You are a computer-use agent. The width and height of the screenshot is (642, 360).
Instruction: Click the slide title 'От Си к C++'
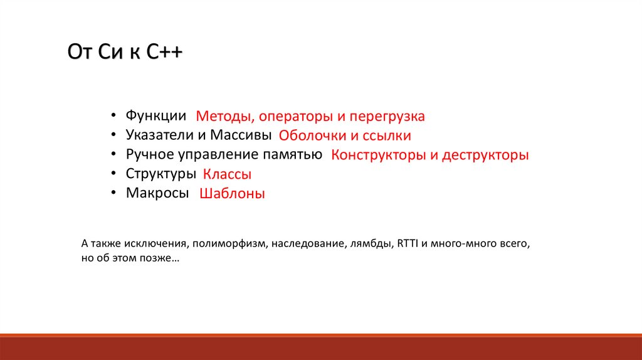125,52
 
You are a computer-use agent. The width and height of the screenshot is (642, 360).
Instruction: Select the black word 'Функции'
155,116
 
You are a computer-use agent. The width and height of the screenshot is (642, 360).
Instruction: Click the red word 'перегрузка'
387,117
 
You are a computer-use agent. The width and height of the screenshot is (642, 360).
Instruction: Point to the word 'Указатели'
160,135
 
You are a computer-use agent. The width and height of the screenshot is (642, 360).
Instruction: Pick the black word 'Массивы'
241,135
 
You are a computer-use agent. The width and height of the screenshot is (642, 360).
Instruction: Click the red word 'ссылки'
387,136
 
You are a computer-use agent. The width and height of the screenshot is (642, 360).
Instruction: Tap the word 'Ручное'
150,155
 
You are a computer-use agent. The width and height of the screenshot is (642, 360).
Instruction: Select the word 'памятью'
292,155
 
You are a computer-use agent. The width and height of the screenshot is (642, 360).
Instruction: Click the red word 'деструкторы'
486,155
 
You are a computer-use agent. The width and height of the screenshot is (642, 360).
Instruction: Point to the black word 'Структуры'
160,174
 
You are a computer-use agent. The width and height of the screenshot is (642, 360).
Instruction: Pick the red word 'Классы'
227,174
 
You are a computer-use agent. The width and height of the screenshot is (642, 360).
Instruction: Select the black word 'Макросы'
157,193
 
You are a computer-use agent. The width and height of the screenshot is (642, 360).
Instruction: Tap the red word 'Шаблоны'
232,193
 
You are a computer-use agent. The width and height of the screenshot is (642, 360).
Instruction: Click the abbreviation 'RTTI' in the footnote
408,243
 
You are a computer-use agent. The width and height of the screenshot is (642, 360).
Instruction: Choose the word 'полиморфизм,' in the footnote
229,244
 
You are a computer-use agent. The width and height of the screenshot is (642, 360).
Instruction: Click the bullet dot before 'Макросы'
113,192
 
